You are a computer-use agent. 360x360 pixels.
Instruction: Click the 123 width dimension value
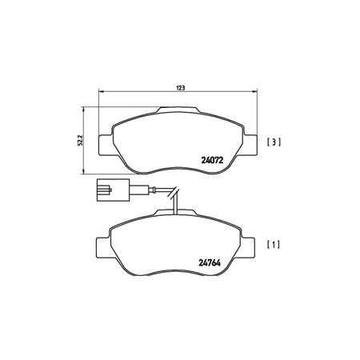click(x=181, y=88)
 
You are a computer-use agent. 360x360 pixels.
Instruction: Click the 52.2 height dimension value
click(x=81, y=140)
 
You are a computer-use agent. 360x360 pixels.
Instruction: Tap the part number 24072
click(x=212, y=160)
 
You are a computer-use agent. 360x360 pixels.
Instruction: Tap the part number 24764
click(x=210, y=263)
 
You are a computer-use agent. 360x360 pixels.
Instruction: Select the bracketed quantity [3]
click(x=274, y=142)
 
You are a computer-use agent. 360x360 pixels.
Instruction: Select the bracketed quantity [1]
click(x=274, y=245)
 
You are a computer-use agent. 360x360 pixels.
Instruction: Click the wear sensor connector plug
click(x=113, y=190)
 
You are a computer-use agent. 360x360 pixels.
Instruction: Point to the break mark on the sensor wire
click(x=174, y=192)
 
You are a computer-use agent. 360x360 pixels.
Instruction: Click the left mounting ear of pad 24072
click(x=106, y=145)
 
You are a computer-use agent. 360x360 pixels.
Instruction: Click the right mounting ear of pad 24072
click(x=251, y=145)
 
